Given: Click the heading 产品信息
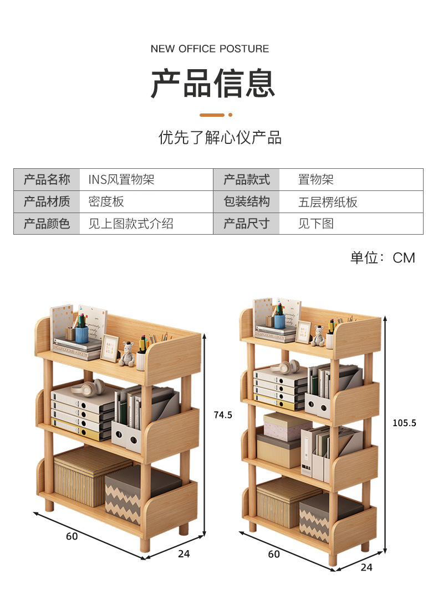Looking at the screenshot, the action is click(212, 84).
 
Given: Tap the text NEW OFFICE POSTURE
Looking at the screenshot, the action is click(210, 49).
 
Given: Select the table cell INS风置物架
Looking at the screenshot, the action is click(121, 180).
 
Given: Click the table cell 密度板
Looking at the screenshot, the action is click(106, 202).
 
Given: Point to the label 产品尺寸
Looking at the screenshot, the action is click(246, 224).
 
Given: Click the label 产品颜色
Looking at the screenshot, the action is click(47, 224).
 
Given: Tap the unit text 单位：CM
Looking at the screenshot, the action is click(383, 258).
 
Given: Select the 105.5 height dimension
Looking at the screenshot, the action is click(404, 423).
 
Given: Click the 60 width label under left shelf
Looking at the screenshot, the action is click(72, 536).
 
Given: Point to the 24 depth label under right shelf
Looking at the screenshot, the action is click(366, 567).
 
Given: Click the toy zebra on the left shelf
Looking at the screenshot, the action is click(128, 354).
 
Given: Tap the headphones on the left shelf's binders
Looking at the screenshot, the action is click(88, 387).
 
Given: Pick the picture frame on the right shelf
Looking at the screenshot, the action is click(303, 332).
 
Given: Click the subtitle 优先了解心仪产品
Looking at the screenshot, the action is click(220, 137).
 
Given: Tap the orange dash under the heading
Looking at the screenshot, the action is click(212, 115).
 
